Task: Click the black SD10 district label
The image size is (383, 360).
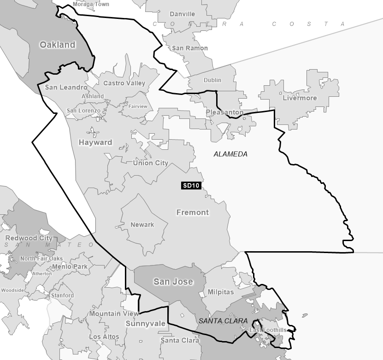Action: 191,186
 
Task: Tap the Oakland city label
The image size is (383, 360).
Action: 57,45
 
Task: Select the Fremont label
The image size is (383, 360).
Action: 193,212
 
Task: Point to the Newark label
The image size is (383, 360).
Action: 142,224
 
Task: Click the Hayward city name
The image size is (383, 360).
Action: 95,142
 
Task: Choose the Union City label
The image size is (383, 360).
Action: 150,163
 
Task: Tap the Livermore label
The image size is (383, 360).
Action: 300,98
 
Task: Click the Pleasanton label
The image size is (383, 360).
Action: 224,112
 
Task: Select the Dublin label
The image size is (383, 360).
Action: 212,80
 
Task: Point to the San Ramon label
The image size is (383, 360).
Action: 189,48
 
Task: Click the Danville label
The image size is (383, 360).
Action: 182,14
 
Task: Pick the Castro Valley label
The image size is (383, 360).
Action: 124,83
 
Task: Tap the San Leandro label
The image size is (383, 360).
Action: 66,87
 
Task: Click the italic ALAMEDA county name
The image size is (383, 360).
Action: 230,154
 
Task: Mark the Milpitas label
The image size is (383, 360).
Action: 221,292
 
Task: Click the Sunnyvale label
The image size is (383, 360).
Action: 145,324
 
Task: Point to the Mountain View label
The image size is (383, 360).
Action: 114,313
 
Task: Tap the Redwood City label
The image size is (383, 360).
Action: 29,238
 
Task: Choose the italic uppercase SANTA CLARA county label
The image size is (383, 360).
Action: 224,321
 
